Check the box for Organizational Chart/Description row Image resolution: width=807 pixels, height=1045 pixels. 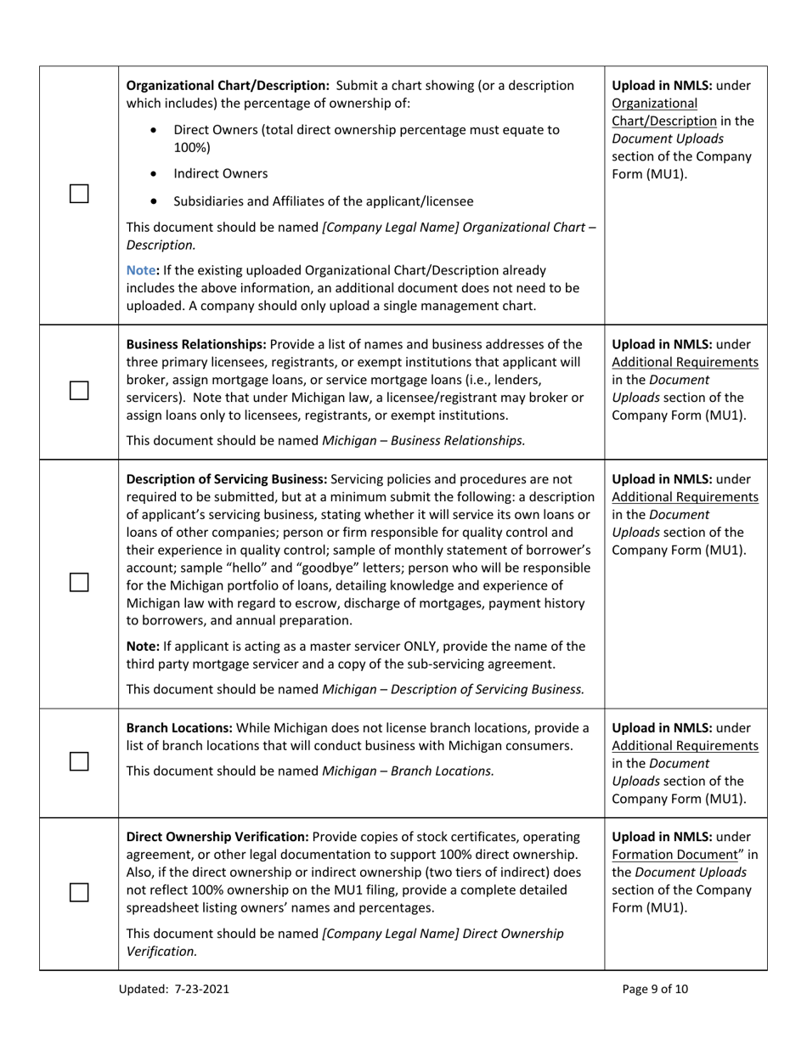click(79, 195)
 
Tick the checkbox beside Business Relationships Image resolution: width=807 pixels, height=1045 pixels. click(79, 390)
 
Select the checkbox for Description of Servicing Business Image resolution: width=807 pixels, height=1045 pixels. click(79, 582)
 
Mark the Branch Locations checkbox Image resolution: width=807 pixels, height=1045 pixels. click(79, 761)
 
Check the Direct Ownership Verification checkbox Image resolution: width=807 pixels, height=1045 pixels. click(79, 892)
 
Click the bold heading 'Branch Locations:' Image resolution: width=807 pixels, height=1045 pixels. click(179, 727)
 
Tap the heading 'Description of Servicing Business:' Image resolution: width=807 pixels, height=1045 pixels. click(225, 478)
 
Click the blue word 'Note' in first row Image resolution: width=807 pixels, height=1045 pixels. click(141, 270)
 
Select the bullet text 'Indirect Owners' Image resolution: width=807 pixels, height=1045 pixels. click(220, 173)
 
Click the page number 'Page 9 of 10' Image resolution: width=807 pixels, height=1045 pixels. click(655, 988)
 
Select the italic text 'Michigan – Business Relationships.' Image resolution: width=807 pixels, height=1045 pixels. click(423, 440)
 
